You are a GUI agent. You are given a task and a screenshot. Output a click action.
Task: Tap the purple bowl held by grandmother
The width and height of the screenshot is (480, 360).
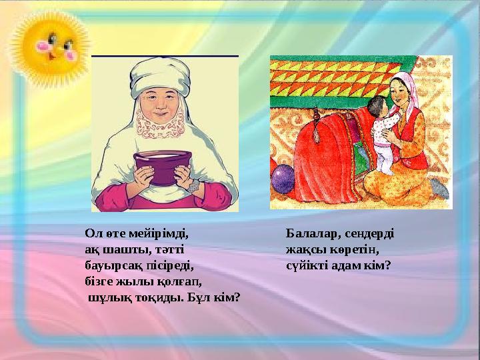click(163, 167)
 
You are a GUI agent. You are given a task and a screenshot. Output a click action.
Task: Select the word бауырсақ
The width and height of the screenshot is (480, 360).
click(111, 265)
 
